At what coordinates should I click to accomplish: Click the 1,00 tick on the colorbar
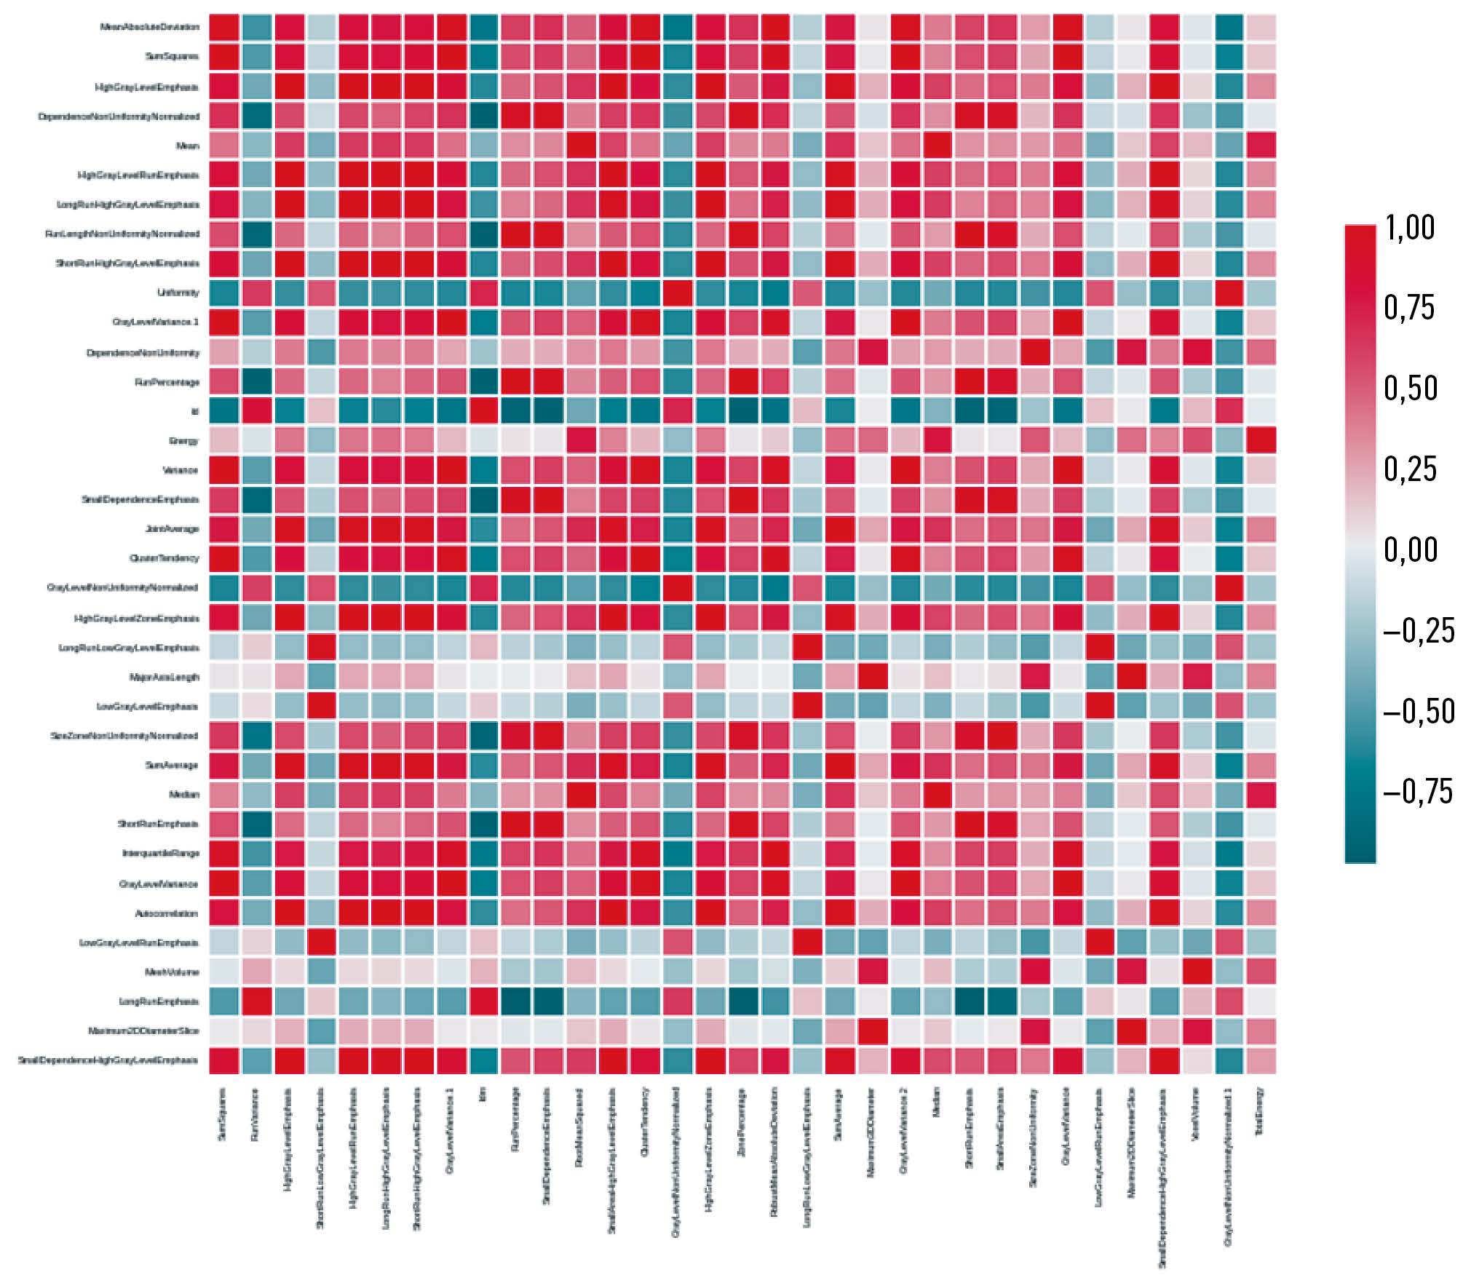[x=1410, y=228]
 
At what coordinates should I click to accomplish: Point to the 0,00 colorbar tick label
[x=1410, y=549]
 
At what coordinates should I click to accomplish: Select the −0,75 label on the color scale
[x=1418, y=791]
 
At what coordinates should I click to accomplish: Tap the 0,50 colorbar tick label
[x=1410, y=388]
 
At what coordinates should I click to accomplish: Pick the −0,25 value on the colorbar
[x=1418, y=630]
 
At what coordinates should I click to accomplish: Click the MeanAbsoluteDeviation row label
[x=149, y=27]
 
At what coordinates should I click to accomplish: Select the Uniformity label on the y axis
[x=178, y=293]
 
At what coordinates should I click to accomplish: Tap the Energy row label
[x=183, y=441]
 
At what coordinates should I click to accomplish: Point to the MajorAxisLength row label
[x=164, y=677]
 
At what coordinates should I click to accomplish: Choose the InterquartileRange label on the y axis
[x=160, y=853]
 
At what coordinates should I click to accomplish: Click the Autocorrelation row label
[x=166, y=913]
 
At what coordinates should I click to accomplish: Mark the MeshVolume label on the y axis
[x=171, y=972]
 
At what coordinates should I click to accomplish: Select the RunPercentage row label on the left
[x=167, y=382]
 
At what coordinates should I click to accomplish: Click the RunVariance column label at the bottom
[x=255, y=1113]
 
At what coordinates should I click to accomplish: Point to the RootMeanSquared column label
[x=579, y=1121]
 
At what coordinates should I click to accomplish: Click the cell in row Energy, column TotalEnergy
[x=1261, y=440]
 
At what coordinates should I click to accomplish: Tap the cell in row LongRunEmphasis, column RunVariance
[x=256, y=1001]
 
